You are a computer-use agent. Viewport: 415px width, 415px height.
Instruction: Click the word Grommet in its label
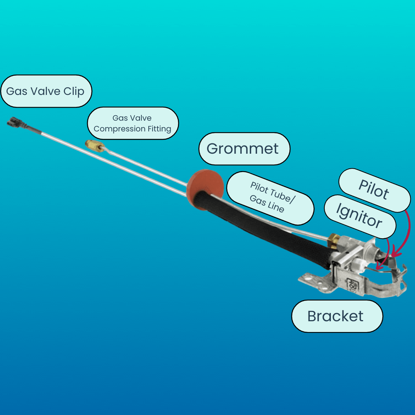coord(242,149)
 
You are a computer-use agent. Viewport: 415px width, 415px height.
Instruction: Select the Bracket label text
coord(335,316)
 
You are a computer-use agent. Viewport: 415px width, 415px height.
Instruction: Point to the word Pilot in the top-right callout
coord(373,189)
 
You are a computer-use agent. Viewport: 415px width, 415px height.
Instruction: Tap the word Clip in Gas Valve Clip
coord(74,92)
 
